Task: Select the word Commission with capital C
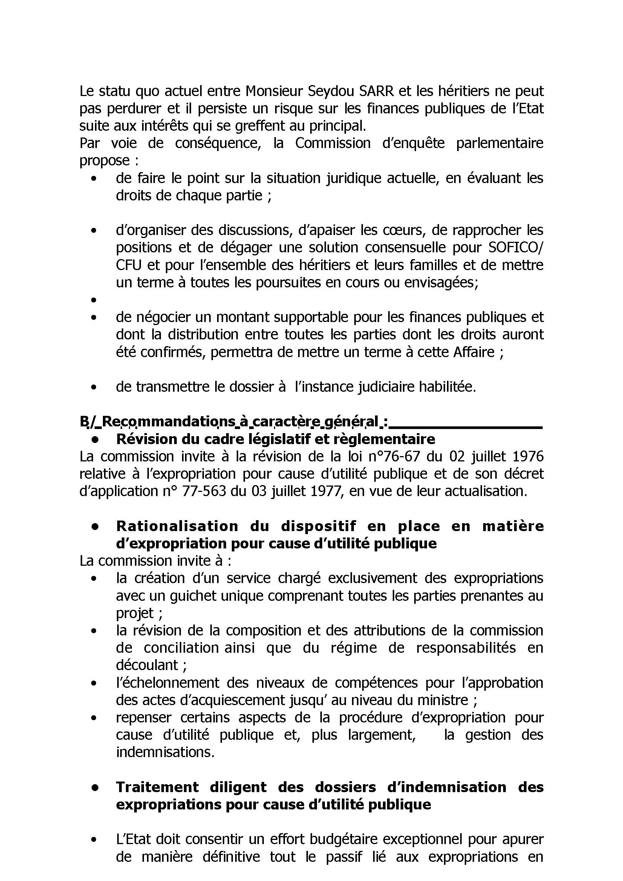(332, 144)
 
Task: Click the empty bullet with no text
(93, 300)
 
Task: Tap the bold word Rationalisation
(177, 526)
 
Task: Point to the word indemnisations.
(165, 753)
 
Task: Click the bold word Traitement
(158, 787)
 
